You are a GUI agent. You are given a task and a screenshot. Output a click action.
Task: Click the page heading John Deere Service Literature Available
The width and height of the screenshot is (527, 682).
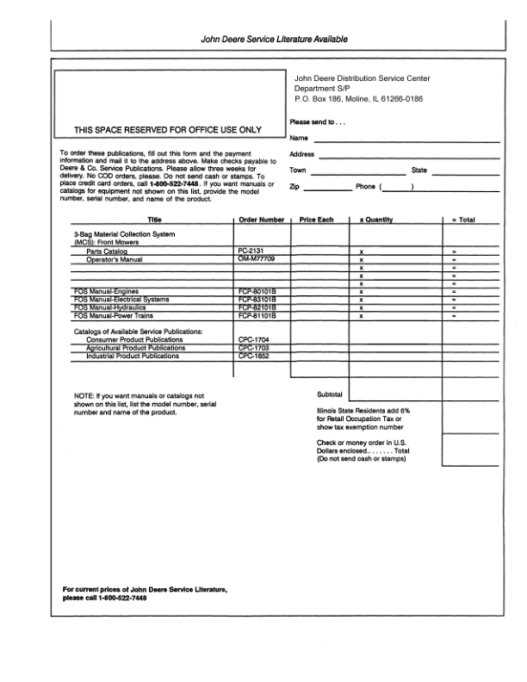(x=274, y=39)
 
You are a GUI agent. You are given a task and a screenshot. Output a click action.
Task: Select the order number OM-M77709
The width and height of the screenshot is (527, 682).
(x=256, y=258)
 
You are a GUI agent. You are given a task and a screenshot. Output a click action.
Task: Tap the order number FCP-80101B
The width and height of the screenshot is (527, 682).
(x=256, y=292)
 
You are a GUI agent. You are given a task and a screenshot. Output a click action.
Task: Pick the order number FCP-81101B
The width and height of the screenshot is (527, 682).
(x=256, y=315)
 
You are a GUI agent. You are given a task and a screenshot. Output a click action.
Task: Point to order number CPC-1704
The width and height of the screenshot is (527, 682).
(x=252, y=340)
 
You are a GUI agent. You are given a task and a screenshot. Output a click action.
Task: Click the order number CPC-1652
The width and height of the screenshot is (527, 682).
(x=252, y=356)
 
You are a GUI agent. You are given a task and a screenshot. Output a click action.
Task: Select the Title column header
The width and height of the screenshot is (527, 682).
(x=155, y=220)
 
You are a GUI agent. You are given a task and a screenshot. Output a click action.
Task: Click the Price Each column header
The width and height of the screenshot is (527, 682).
(x=316, y=220)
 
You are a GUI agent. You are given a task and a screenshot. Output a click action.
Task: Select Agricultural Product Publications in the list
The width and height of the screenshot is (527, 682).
(x=129, y=348)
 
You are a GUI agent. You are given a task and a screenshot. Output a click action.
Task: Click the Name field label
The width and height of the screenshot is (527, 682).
(x=299, y=138)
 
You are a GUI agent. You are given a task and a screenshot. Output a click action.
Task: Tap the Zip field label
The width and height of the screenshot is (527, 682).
(x=295, y=187)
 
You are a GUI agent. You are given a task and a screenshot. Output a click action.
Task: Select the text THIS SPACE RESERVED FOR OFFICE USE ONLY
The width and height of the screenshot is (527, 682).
(x=168, y=131)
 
